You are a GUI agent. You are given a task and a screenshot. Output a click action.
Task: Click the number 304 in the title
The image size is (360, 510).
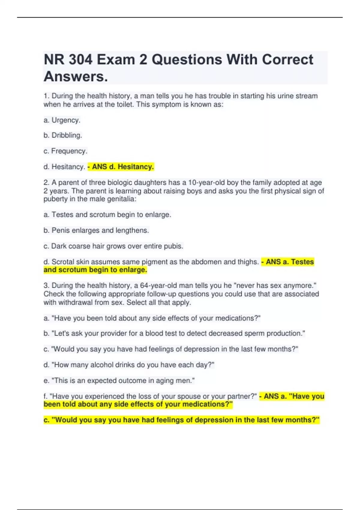click(x=80, y=60)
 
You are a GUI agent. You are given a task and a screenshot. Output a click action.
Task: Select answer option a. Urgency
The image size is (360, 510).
click(x=62, y=120)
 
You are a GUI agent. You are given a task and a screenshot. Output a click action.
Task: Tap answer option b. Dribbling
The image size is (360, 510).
click(x=63, y=135)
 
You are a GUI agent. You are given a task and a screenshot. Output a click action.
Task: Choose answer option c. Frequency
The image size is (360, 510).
click(x=65, y=151)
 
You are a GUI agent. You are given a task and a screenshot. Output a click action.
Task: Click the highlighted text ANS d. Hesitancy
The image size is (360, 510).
click(x=121, y=166)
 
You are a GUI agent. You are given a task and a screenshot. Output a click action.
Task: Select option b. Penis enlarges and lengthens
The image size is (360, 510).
click(x=96, y=230)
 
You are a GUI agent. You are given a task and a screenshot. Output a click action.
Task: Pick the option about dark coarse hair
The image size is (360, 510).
click(x=113, y=246)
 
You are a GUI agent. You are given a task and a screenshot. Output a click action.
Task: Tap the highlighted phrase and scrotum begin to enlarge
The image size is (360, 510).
click(x=95, y=270)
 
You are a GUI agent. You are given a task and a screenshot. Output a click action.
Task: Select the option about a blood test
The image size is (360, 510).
click(x=174, y=333)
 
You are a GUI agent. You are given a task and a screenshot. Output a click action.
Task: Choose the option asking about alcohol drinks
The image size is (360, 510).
click(x=129, y=365)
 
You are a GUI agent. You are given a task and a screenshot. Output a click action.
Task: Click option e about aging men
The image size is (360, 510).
click(x=119, y=380)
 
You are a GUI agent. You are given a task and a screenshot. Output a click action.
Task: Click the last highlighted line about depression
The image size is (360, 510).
click(x=181, y=420)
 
